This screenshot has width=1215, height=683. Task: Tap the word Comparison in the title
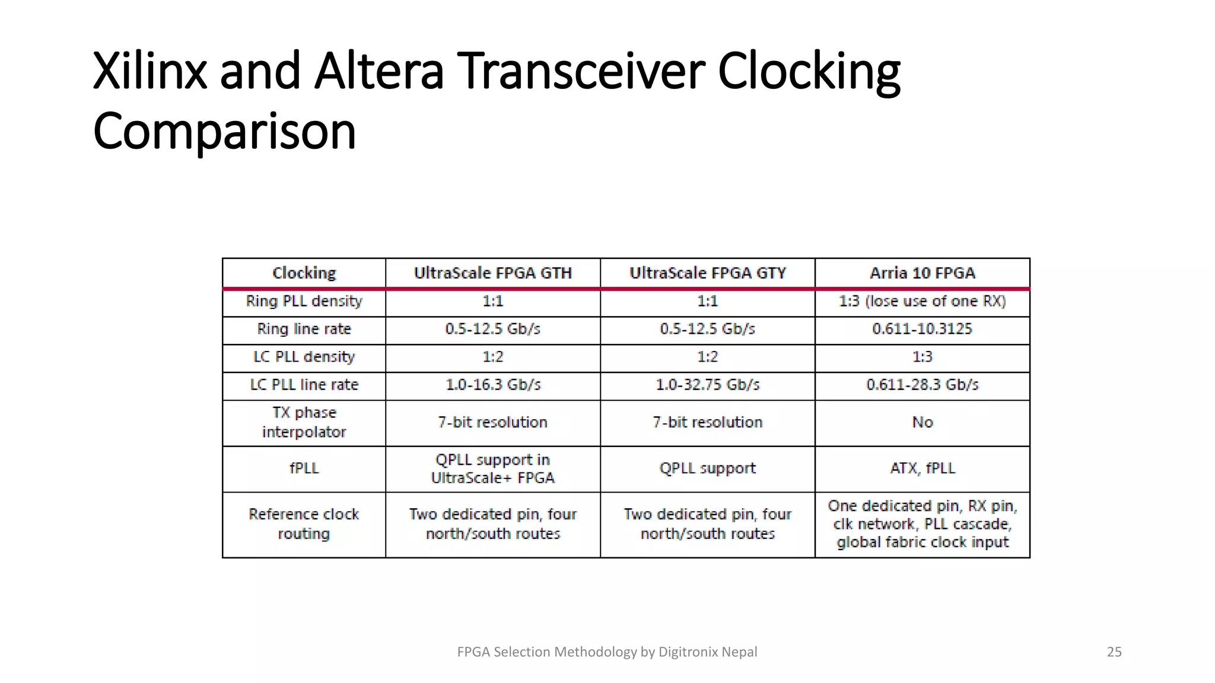(224, 132)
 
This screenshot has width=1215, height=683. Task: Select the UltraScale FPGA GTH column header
(492, 273)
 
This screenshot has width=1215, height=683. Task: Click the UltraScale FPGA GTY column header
(707, 273)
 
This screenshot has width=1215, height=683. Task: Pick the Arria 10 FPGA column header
(922, 273)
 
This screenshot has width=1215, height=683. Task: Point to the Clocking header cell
(304, 273)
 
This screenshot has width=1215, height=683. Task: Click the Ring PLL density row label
(304, 301)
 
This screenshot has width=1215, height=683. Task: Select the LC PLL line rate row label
(304, 385)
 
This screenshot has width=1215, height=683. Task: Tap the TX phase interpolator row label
(304, 422)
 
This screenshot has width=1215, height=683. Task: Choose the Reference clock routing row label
(304, 524)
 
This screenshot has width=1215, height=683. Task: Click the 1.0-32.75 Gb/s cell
(707, 385)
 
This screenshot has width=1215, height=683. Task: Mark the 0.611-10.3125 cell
(922, 329)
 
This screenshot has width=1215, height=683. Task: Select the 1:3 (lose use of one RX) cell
(922, 301)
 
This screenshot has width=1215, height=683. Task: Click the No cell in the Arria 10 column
(923, 422)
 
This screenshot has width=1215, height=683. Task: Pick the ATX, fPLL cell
(923, 468)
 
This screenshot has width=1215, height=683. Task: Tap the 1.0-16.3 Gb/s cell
(492, 385)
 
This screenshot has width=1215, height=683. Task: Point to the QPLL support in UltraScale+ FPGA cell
(492, 468)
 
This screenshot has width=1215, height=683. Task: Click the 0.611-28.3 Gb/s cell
(922, 385)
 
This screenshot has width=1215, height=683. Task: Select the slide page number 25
(1114, 652)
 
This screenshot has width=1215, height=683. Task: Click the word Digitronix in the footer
(688, 652)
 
